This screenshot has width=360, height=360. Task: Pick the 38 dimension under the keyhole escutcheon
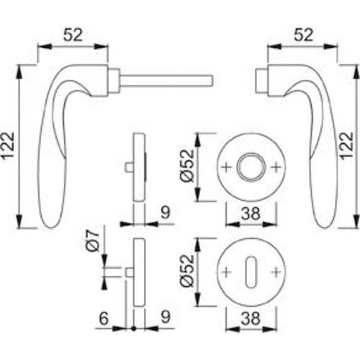coord(250,318)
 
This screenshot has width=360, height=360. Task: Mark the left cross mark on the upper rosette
coord(229,167)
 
